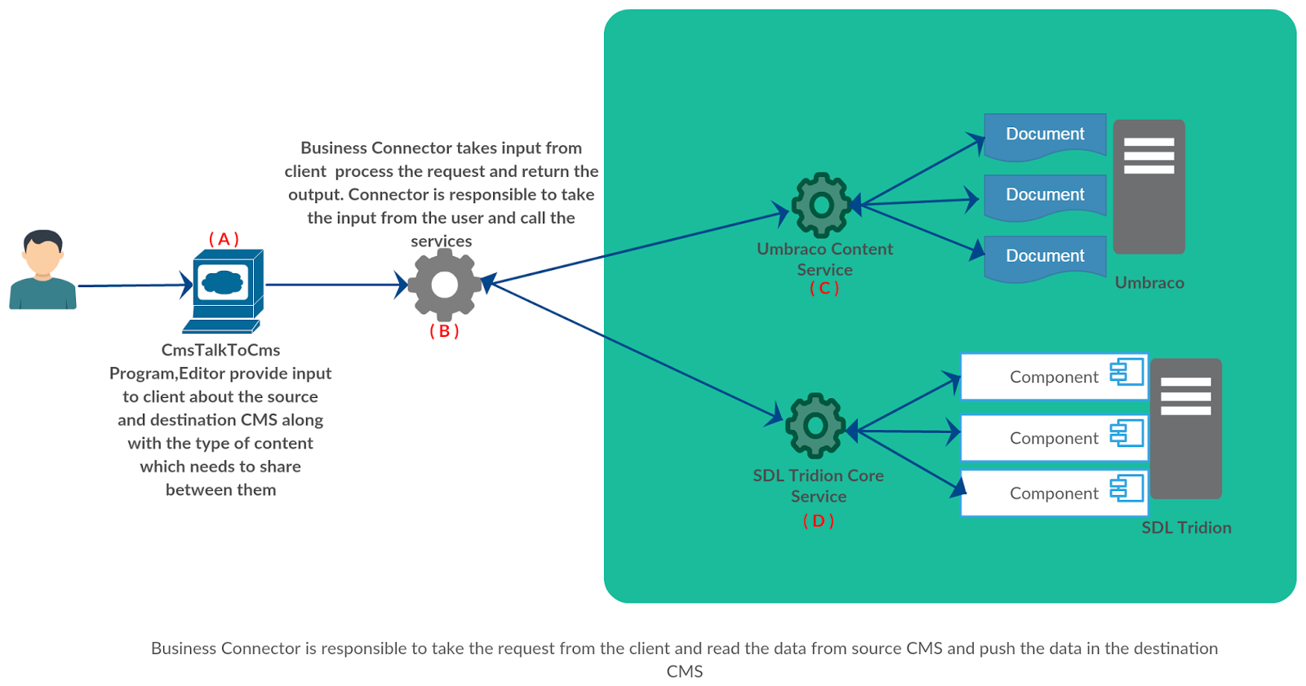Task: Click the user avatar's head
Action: [x=42, y=254]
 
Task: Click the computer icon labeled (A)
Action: [x=224, y=290]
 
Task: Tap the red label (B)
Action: [x=444, y=331]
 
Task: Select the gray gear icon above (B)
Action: [x=444, y=285]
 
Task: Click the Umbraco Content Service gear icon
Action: [x=821, y=205]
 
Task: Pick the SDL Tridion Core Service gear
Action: [x=815, y=425]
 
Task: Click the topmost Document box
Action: [x=1045, y=135]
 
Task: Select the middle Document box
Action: [x=1045, y=196]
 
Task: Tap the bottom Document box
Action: [x=1045, y=257]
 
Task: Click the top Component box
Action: [x=1053, y=377]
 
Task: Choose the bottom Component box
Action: [x=1053, y=493]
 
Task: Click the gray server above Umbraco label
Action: [x=1148, y=187]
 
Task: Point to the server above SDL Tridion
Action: [x=1185, y=428]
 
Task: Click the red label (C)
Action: [x=824, y=289]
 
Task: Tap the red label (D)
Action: [x=818, y=520]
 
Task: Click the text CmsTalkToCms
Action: [x=220, y=350]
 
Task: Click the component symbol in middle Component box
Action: [x=1126, y=432]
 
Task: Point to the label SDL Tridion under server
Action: [x=1185, y=528]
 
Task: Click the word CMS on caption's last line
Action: [x=684, y=671]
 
